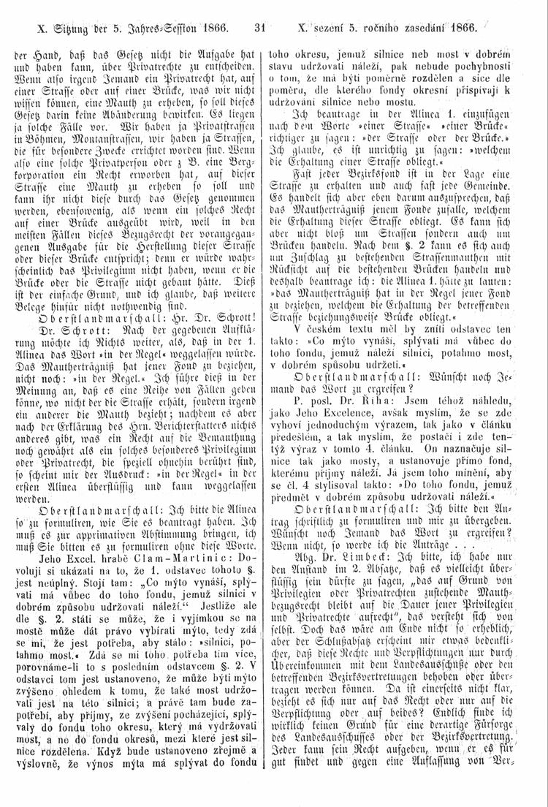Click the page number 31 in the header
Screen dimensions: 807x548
[x=258, y=31]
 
